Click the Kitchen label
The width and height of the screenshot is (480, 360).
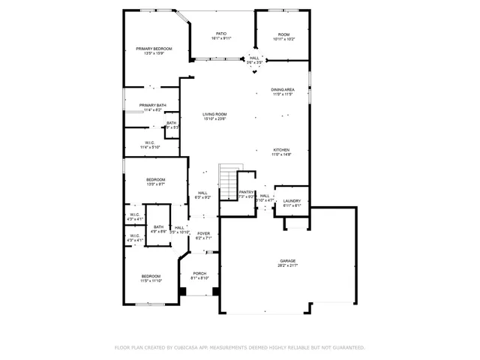click(281, 151)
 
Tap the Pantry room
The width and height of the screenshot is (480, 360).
click(247, 194)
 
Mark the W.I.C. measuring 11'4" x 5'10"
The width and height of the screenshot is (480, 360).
click(151, 145)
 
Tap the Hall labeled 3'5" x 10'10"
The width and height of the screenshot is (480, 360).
click(180, 229)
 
